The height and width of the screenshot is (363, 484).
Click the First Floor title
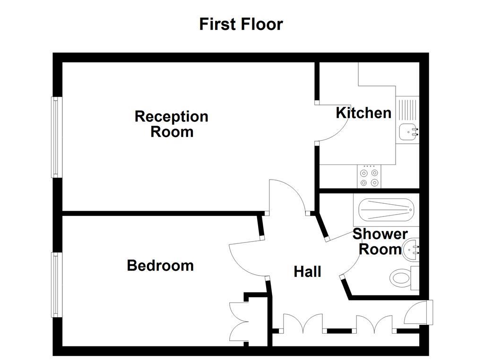pyautogui.click(x=241, y=24)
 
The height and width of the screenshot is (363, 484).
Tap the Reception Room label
pyautogui.click(x=172, y=124)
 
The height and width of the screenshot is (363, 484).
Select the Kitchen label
pyautogui.click(x=363, y=113)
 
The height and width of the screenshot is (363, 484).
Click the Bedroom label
pyautogui.click(x=160, y=265)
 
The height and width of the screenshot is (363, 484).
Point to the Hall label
pyautogui.click(x=307, y=271)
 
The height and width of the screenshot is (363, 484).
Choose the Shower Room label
pyautogui.click(x=380, y=241)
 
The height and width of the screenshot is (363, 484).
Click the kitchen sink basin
pyautogui.click(x=407, y=132)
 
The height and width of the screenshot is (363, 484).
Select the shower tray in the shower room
pyautogui.click(x=386, y=208)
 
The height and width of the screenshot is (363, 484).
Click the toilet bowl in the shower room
pyautogui.click(x=401, y=277)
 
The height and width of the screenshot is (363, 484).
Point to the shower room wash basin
pyautogui.click(x=410, y=249)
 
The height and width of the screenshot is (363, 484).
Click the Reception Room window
pyautogui.click(x=57, y=137)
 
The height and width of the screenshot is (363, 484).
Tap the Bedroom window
pyautogui.click(x=57, y=285)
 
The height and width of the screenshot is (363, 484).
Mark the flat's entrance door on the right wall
pyautogui.click(x=419, y=312)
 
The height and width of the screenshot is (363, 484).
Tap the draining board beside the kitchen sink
pyautogui.click(x=407, y=109)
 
